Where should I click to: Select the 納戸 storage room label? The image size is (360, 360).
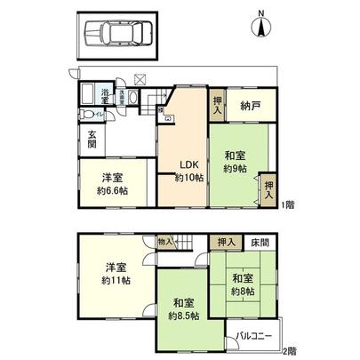250,105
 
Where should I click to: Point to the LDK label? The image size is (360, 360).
188,164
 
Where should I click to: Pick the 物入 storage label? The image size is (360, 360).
164,240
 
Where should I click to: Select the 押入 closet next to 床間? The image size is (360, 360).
226,241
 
